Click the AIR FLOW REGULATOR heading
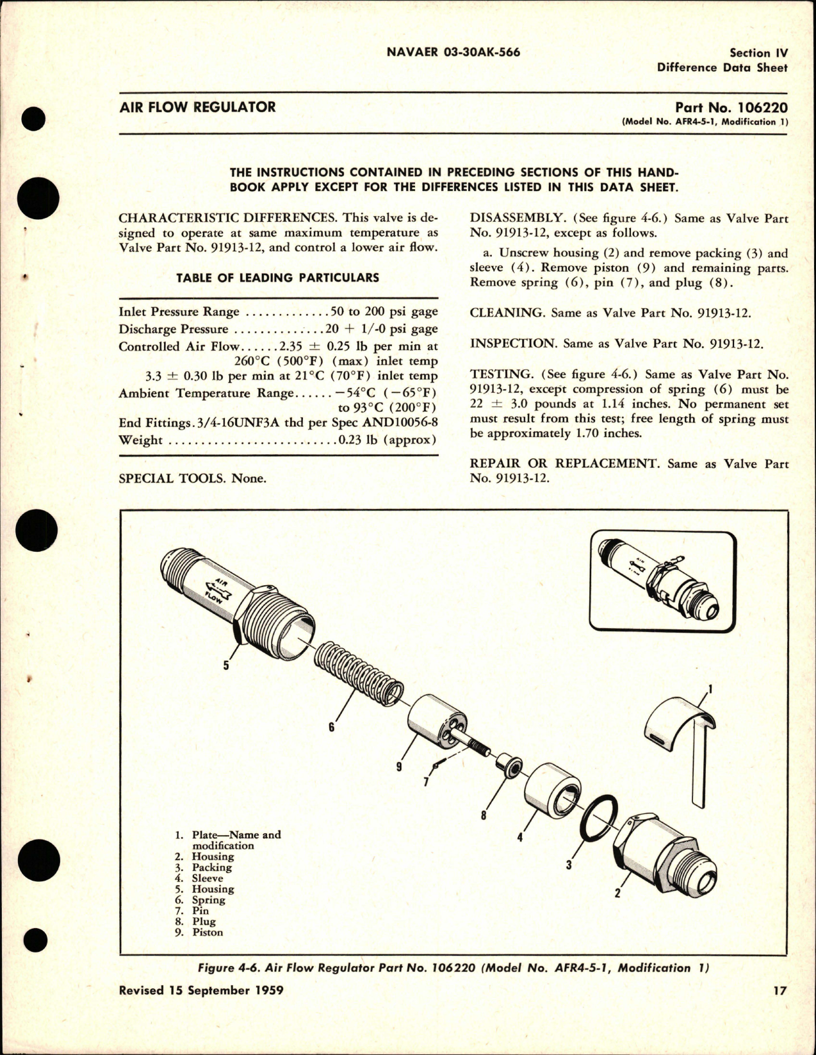[x=197, y=107]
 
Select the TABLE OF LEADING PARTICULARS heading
[x=277, y=278]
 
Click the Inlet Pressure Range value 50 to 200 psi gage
[x=384, y=312]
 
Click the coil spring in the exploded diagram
[x=359, y=673]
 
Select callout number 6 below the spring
[x=331, y=727]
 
